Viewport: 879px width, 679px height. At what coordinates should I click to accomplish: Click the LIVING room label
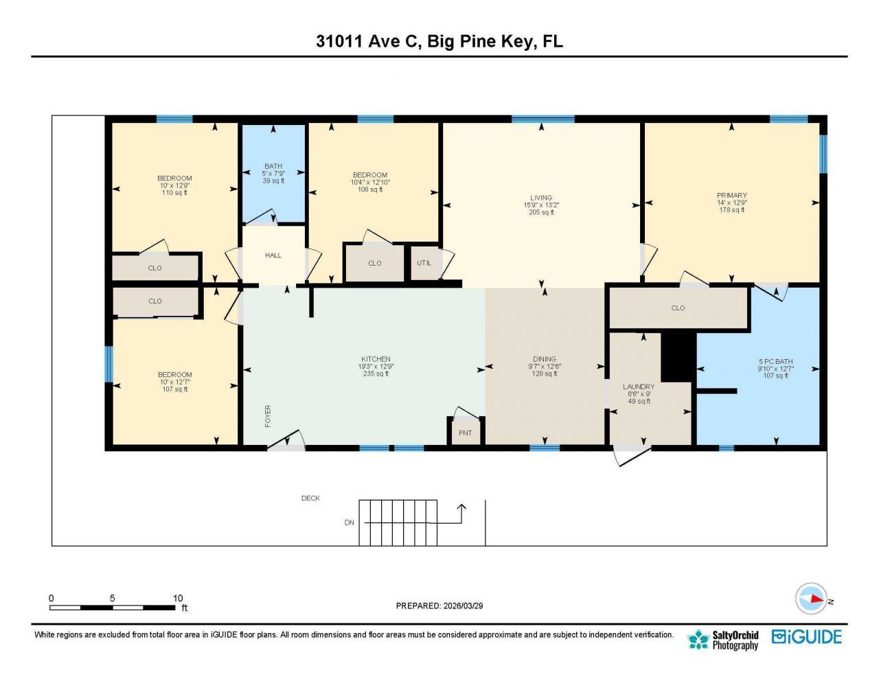541,198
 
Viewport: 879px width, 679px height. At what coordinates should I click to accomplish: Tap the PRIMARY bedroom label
731,196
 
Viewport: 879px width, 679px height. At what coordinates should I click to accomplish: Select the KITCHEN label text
376,359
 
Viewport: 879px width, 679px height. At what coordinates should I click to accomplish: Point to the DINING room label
545,359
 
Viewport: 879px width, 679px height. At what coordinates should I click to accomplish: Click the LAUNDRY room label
639,387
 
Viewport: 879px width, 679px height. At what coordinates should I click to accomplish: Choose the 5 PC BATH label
775,361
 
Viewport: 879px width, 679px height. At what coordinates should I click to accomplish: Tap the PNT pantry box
466,433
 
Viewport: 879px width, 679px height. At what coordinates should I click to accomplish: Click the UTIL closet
424,263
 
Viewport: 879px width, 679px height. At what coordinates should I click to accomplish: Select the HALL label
273,255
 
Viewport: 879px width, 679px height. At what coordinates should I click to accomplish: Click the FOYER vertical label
268,416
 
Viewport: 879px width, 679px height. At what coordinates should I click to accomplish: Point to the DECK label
310,498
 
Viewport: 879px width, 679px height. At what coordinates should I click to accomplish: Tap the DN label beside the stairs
350,522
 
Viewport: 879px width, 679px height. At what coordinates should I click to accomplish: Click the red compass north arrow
815,599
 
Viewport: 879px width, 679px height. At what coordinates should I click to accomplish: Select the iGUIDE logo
807,637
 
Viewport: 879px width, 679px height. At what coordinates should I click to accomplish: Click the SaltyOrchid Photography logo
724,640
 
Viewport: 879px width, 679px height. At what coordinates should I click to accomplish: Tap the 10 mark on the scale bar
178,599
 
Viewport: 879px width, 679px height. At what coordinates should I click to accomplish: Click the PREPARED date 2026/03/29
439,606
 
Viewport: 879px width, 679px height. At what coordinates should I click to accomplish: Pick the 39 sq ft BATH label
273,181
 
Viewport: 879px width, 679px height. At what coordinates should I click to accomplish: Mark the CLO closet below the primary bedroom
678,308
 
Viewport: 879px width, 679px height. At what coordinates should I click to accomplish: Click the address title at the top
439,41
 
